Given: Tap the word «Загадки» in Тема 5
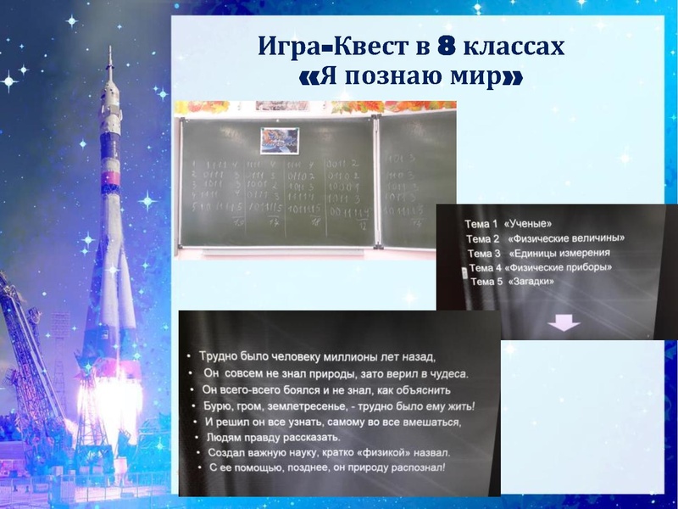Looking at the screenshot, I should tap(531, 282).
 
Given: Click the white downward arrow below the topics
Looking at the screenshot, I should tap(564, 323).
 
